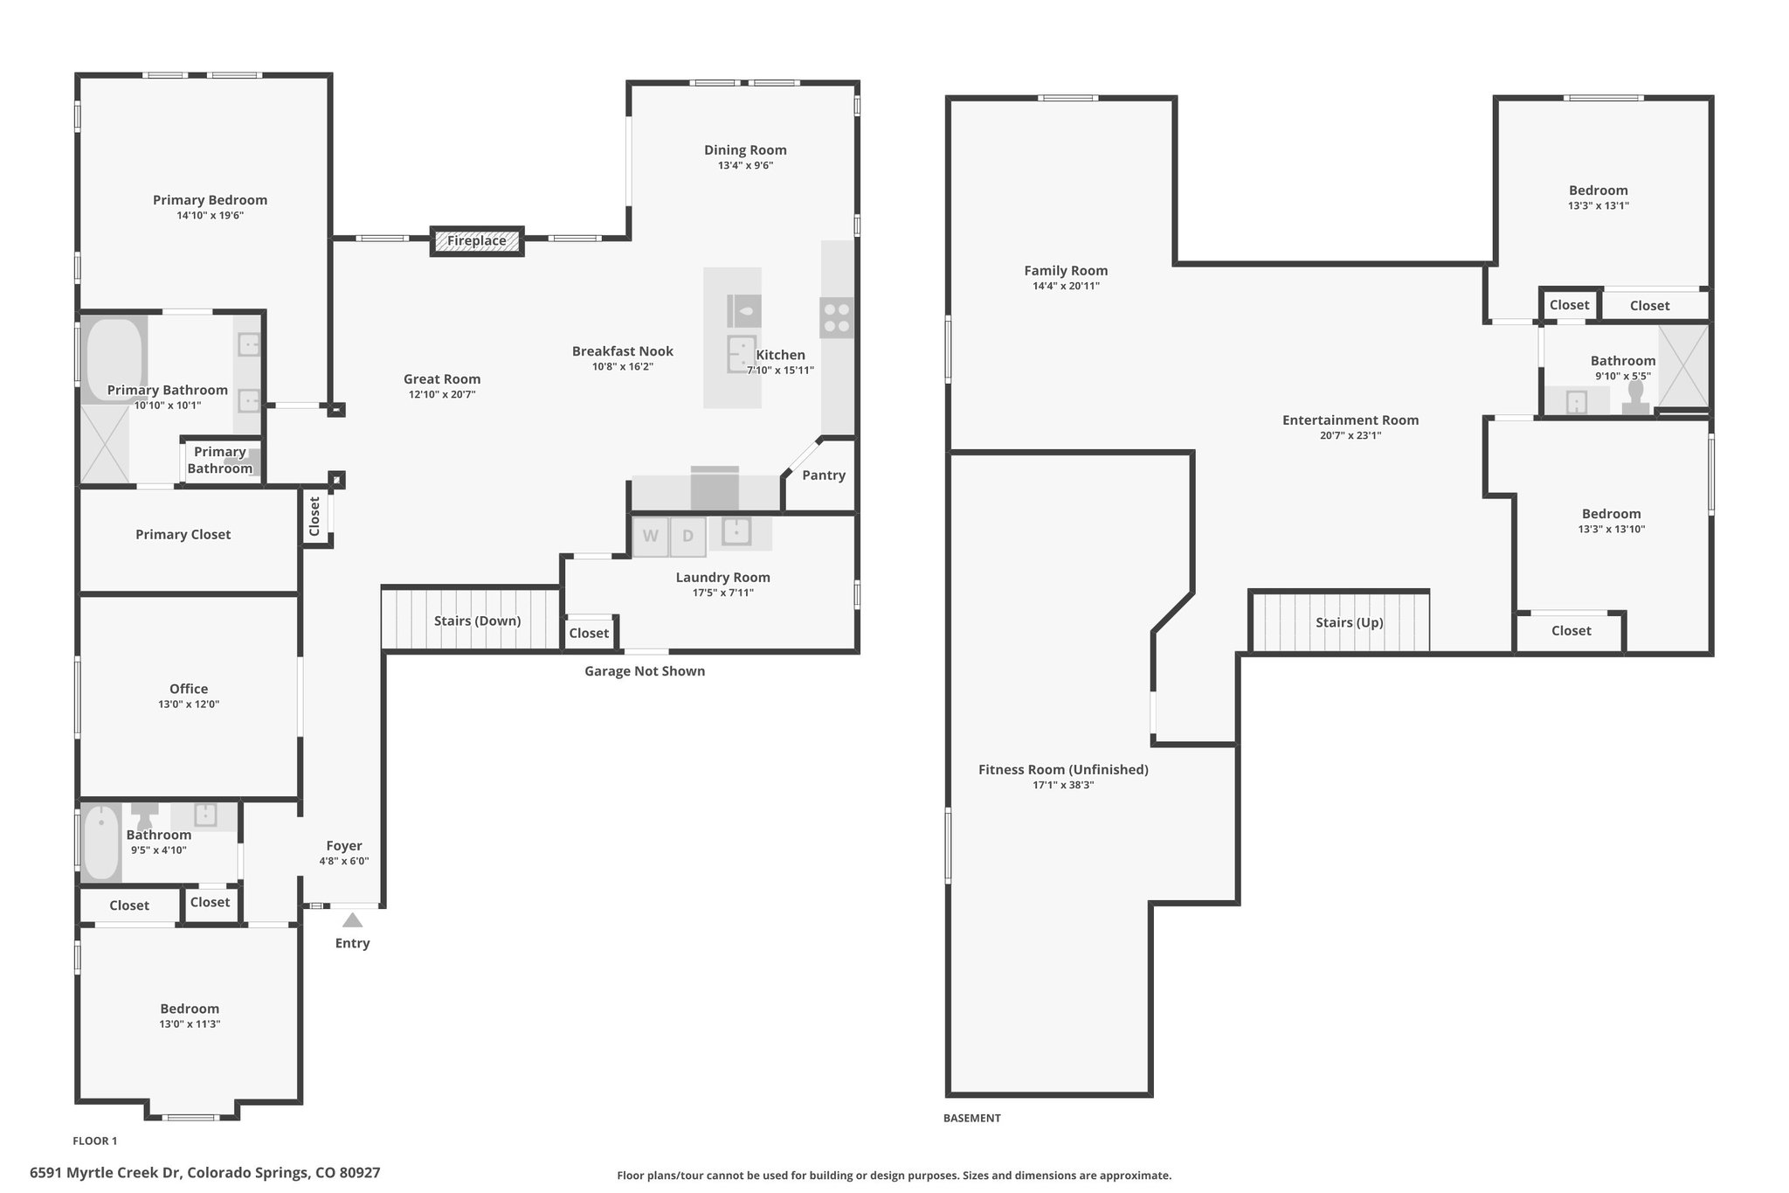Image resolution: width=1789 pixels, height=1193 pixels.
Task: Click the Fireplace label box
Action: (477, 241)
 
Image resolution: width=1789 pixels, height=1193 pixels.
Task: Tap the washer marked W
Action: (651, 537)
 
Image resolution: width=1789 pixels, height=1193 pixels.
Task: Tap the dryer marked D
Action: (688, 537)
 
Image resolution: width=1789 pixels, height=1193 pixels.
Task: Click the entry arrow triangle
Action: (352, 919)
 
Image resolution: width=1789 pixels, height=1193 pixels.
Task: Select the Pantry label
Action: (824, 475)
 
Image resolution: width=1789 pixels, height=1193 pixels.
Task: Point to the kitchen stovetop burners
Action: (837, 317)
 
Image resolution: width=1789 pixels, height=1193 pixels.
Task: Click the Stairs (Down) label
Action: (477, 621)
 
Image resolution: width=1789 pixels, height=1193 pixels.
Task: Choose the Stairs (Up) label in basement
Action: (1350, 622)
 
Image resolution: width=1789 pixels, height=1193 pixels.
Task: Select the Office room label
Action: (189, 689)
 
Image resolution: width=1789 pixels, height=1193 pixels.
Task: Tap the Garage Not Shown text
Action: (645, 671)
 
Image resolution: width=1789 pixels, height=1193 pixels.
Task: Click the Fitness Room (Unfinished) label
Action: (1063, 770)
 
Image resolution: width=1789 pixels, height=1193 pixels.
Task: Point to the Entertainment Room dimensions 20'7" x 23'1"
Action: (1350, 435)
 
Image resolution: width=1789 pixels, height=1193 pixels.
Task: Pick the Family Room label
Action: (1066, 271)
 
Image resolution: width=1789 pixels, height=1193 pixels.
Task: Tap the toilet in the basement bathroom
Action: (1636, 398)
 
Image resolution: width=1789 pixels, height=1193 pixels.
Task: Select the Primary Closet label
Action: (183, 535)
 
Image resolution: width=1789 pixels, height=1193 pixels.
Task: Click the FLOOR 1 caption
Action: (94, 1141)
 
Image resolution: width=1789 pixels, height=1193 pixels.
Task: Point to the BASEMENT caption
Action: (972, 1118)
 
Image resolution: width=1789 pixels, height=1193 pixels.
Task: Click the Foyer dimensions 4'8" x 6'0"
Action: (344, 861)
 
